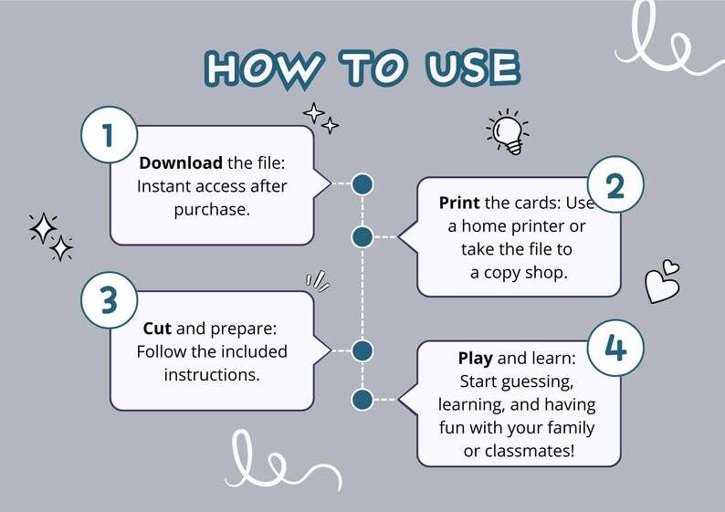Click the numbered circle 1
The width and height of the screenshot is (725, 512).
pyautogui.click(x=110, y=135)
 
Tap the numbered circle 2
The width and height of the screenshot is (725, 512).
pyautogui.click(x=615, y=184)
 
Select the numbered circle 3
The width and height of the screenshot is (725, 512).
pyautogui.click(x=110, y=300)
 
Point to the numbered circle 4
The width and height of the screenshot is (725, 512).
pyautogui.click(x=615, y=348)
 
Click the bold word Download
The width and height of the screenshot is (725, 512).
pyautogui.click(x=181, y=162)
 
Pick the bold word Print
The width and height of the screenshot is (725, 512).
pyautogui.click(x=459, y=203)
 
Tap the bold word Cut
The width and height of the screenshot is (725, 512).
pyautogui.click(x=157, y=329)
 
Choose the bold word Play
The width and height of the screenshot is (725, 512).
pyautogui.click(x=476, y=359)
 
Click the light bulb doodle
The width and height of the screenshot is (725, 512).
pyautogui.click(x=507, y=131)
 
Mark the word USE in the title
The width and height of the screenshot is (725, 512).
pyautogui.click(x=473, y=68)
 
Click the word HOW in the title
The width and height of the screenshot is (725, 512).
pyautogui.click(x=264, y=68)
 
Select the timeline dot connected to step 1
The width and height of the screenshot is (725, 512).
pyautogui.click(x=362, y=184)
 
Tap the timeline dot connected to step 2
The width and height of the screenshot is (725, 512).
pyautogui.click(x=362, y=237)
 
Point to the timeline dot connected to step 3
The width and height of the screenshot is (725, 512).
pyautogui.click(x=362, y=350)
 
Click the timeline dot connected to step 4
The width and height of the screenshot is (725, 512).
pyautogui.click(x=362, y=400)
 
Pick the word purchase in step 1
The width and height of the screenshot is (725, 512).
pyautogui.click(x=212, y=210)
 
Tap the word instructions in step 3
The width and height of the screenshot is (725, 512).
pyautogui.click(x=212, y=375)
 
